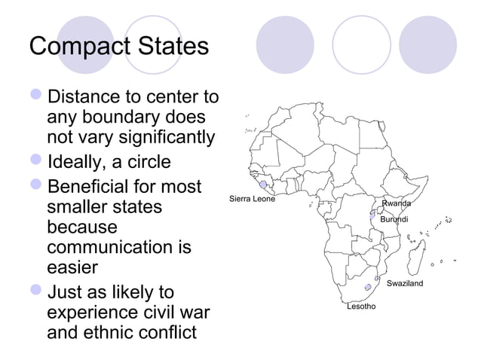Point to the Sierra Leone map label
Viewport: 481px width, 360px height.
(251, 199)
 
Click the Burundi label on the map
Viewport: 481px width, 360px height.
(394, 219)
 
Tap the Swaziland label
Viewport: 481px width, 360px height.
(405, 283)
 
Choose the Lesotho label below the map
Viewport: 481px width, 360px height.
(361, 307)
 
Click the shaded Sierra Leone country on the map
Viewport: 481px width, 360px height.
(263, 185)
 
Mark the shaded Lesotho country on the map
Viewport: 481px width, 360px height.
(368, 287)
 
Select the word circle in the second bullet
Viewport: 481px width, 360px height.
(144, 163)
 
